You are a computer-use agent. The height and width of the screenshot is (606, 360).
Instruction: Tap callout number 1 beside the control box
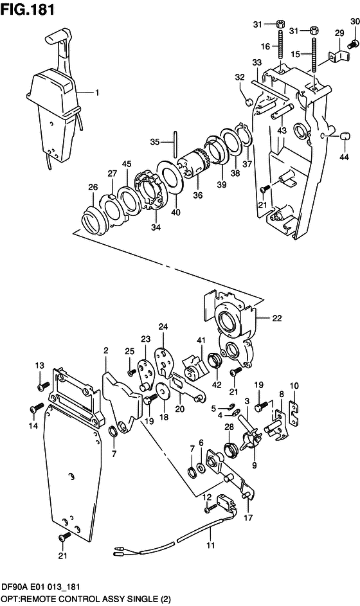(x=98, y=93)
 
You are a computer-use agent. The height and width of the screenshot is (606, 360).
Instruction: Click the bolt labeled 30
(x=352, y=44)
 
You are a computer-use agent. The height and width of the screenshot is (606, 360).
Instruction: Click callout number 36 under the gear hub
(x=197, y=195)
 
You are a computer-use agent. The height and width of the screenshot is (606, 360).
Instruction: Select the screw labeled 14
(x=35, y=408)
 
